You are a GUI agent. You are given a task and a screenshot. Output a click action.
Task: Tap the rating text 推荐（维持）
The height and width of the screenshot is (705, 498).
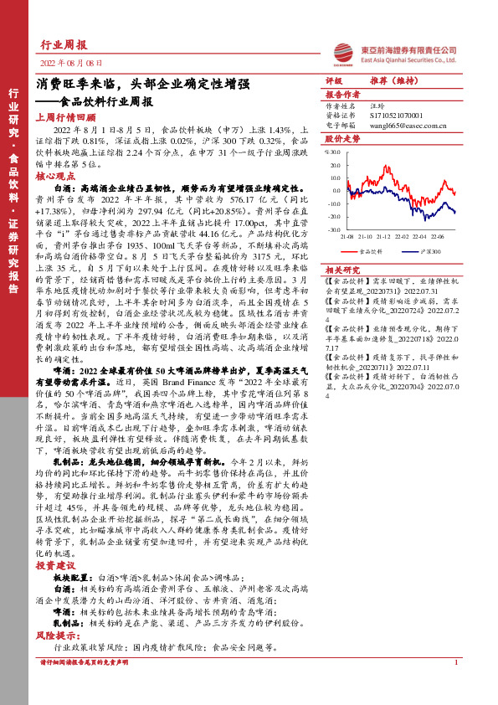tap(393, 81)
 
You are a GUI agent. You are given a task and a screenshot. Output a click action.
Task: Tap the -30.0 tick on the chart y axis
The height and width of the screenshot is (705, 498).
tap(335, 229)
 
